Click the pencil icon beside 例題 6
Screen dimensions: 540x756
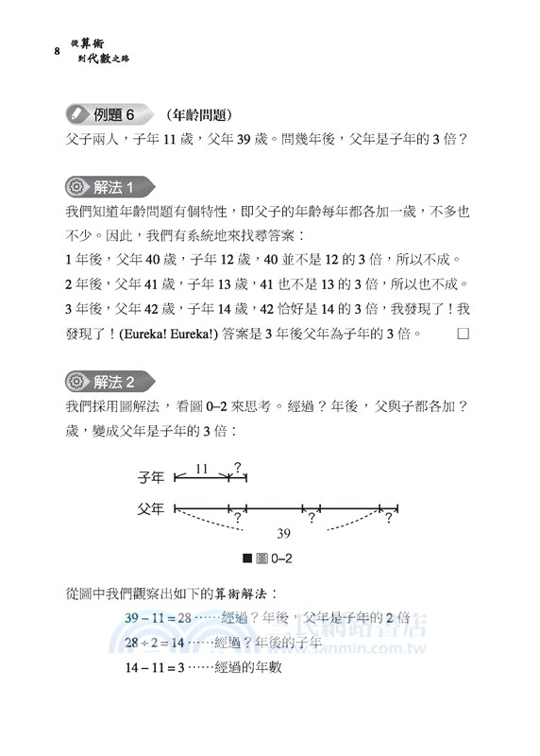pyautogui.click(x=75, y=114)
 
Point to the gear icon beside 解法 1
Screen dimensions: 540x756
pyautogui.click(x=76, y=186)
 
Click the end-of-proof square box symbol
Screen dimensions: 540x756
pyautogui.click(x=462, y=334)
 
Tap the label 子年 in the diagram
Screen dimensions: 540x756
pyautogui.click(x=152, y=479)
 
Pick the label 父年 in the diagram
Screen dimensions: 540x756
pyautogui.click(x=152, y=508)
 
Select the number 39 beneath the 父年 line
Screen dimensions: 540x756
pyautogui.click(x=282, y=532)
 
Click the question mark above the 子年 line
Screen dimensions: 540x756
pyautogui.click(x=237, y=466)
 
